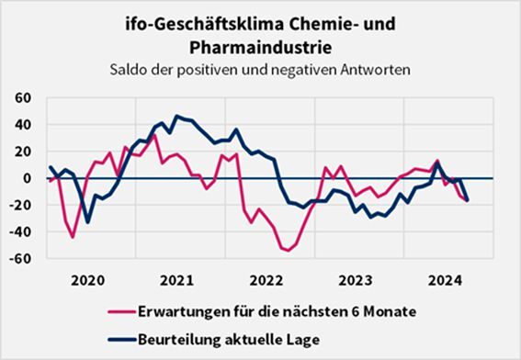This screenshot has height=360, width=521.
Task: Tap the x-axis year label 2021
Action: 176,280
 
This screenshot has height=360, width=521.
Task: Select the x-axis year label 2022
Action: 266,280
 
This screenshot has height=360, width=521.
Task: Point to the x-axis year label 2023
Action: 356,280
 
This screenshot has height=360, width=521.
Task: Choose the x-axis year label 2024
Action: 445,280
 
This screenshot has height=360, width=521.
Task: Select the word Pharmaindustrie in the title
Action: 260,43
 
